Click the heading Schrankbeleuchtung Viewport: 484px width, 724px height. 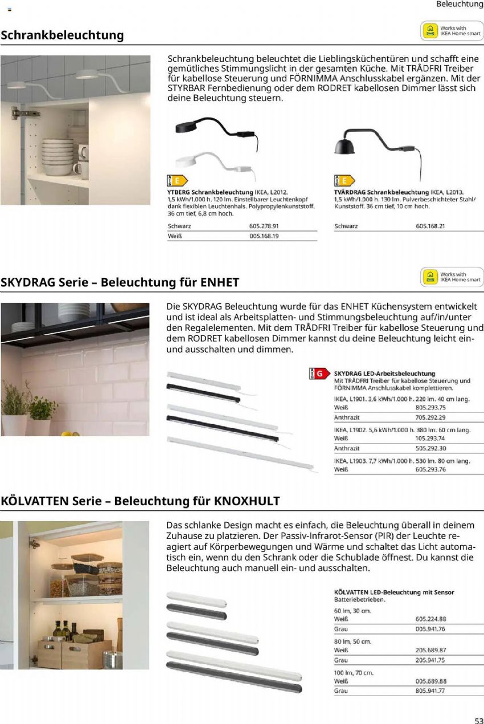(62, 35)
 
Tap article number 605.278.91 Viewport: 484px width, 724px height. (264, 226)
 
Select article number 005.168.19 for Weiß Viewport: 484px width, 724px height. (264, 236)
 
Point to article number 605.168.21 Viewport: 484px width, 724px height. (430, 226)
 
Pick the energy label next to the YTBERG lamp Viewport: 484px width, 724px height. (176, 181)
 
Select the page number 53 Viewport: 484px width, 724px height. (478, 718)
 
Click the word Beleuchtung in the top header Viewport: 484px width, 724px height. (460, 5)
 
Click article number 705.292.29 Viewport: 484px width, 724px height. (430, 417)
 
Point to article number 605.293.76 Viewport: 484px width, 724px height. (430, 469)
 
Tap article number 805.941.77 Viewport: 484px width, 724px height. (430, 690)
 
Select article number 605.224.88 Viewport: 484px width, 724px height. (430, 619)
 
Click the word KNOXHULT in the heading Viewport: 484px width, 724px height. (247, 501)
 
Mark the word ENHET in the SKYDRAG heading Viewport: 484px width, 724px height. (220, 283)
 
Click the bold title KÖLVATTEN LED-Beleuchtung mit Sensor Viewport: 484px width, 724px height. (394, 592)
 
